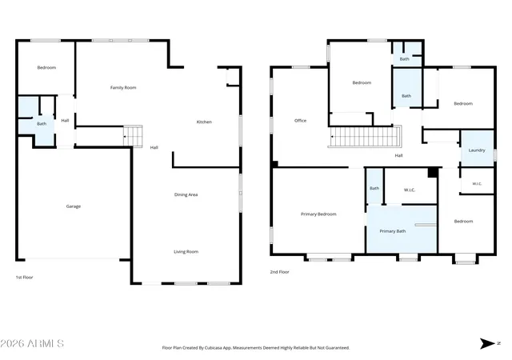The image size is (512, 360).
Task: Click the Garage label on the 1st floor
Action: click(74, 206)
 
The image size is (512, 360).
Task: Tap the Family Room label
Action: click(123, 87)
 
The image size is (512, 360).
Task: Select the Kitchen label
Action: click(204, 122)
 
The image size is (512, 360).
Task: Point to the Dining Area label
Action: click(186, 194)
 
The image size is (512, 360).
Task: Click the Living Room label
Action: click(186, 251)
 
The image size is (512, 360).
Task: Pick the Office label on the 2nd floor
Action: click(301, 121)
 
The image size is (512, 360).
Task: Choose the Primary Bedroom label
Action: click(318, 214)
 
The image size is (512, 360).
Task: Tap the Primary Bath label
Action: click(393, 231)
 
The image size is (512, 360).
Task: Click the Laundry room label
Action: click(477, 150)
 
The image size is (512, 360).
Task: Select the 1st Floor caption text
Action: click(25, 278)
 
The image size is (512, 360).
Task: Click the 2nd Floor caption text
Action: click(279, 272)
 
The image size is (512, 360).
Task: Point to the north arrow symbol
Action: click(487, 343)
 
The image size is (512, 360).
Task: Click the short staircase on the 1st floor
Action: click(133, 136)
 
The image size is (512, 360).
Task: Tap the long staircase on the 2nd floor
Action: click(365, 137)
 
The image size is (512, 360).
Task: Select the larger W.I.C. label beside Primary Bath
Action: click(410, 190)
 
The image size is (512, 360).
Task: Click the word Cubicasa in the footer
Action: click(214, 348)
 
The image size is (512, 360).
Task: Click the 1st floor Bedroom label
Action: click(46, 68)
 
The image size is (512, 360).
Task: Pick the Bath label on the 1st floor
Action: click(42, 124)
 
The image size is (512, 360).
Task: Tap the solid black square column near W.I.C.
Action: click(433, 173)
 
